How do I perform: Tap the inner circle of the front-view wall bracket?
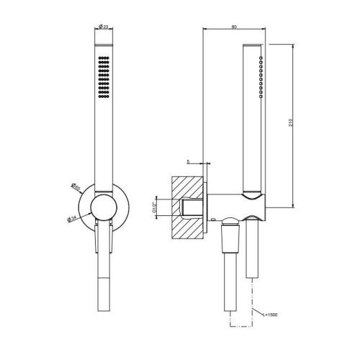tap(102, 208)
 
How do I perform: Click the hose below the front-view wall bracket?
tap(101, 288)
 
